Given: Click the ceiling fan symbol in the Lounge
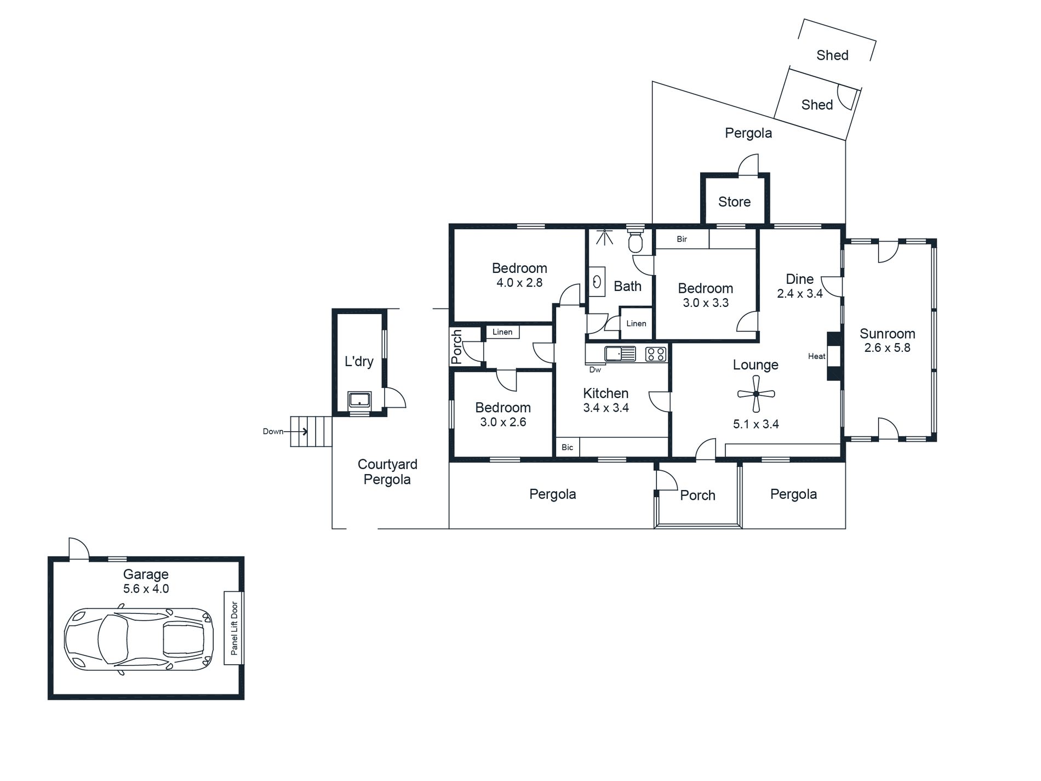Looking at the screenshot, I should pos(756,394).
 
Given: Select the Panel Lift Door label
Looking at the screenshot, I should pos(234,628).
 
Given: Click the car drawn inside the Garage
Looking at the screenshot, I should pos(139,639).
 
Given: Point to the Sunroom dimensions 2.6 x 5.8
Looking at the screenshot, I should pos(887,348).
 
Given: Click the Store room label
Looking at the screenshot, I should pos(734,202).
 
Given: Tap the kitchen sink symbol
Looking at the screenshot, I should pos(620,354).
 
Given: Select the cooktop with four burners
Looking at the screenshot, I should pos(656,354).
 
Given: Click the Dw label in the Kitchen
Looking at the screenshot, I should pos(595,370).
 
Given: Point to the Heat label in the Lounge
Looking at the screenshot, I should pos(816,356).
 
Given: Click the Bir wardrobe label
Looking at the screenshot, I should pos(682,240).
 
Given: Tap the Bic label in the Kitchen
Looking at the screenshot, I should pos(567,447).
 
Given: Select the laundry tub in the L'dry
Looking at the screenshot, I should pos(359,400).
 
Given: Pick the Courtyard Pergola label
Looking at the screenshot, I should pos(387,472).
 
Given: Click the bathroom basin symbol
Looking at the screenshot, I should pos(597,282).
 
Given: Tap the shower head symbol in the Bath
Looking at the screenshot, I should pos(604,237).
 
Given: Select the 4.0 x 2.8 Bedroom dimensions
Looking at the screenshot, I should pos(519,283).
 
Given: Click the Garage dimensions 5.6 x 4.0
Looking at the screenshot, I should pos(146,589).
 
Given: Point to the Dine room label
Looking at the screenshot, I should pos(799,279).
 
